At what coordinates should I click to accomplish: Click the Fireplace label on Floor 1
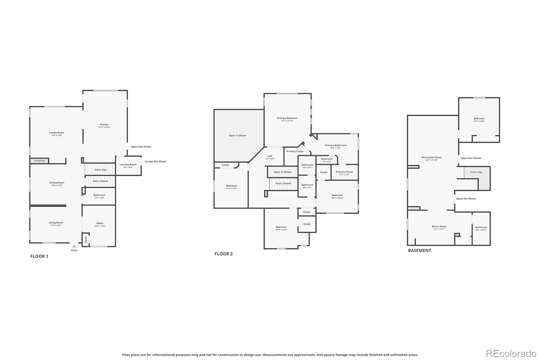[39, 161]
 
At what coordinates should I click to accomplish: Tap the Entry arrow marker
[74, 246]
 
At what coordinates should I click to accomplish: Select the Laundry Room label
[128, 165]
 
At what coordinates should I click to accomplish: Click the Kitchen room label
[104, 125]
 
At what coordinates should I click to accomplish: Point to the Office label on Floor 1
[100, 223]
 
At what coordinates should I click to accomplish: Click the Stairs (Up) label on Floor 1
[100, 170]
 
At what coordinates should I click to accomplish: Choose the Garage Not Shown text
[156, 161]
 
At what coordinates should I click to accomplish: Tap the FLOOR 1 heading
[39, 256]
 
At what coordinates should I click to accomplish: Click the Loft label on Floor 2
[270, 156]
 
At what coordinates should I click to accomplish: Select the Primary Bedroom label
[287, 118]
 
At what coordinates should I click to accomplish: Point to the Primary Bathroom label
[335, 146]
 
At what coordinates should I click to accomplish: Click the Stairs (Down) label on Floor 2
[283, 183]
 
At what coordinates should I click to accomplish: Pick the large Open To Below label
[238, 135]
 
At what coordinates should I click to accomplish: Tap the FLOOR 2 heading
[223, 254]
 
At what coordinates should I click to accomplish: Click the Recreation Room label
[431, 157]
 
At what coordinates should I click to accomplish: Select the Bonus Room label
[439, 227]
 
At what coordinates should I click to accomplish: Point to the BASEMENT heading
[420, 251]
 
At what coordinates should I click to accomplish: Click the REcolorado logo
[511, 354]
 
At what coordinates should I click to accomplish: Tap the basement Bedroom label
[479, 119]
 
